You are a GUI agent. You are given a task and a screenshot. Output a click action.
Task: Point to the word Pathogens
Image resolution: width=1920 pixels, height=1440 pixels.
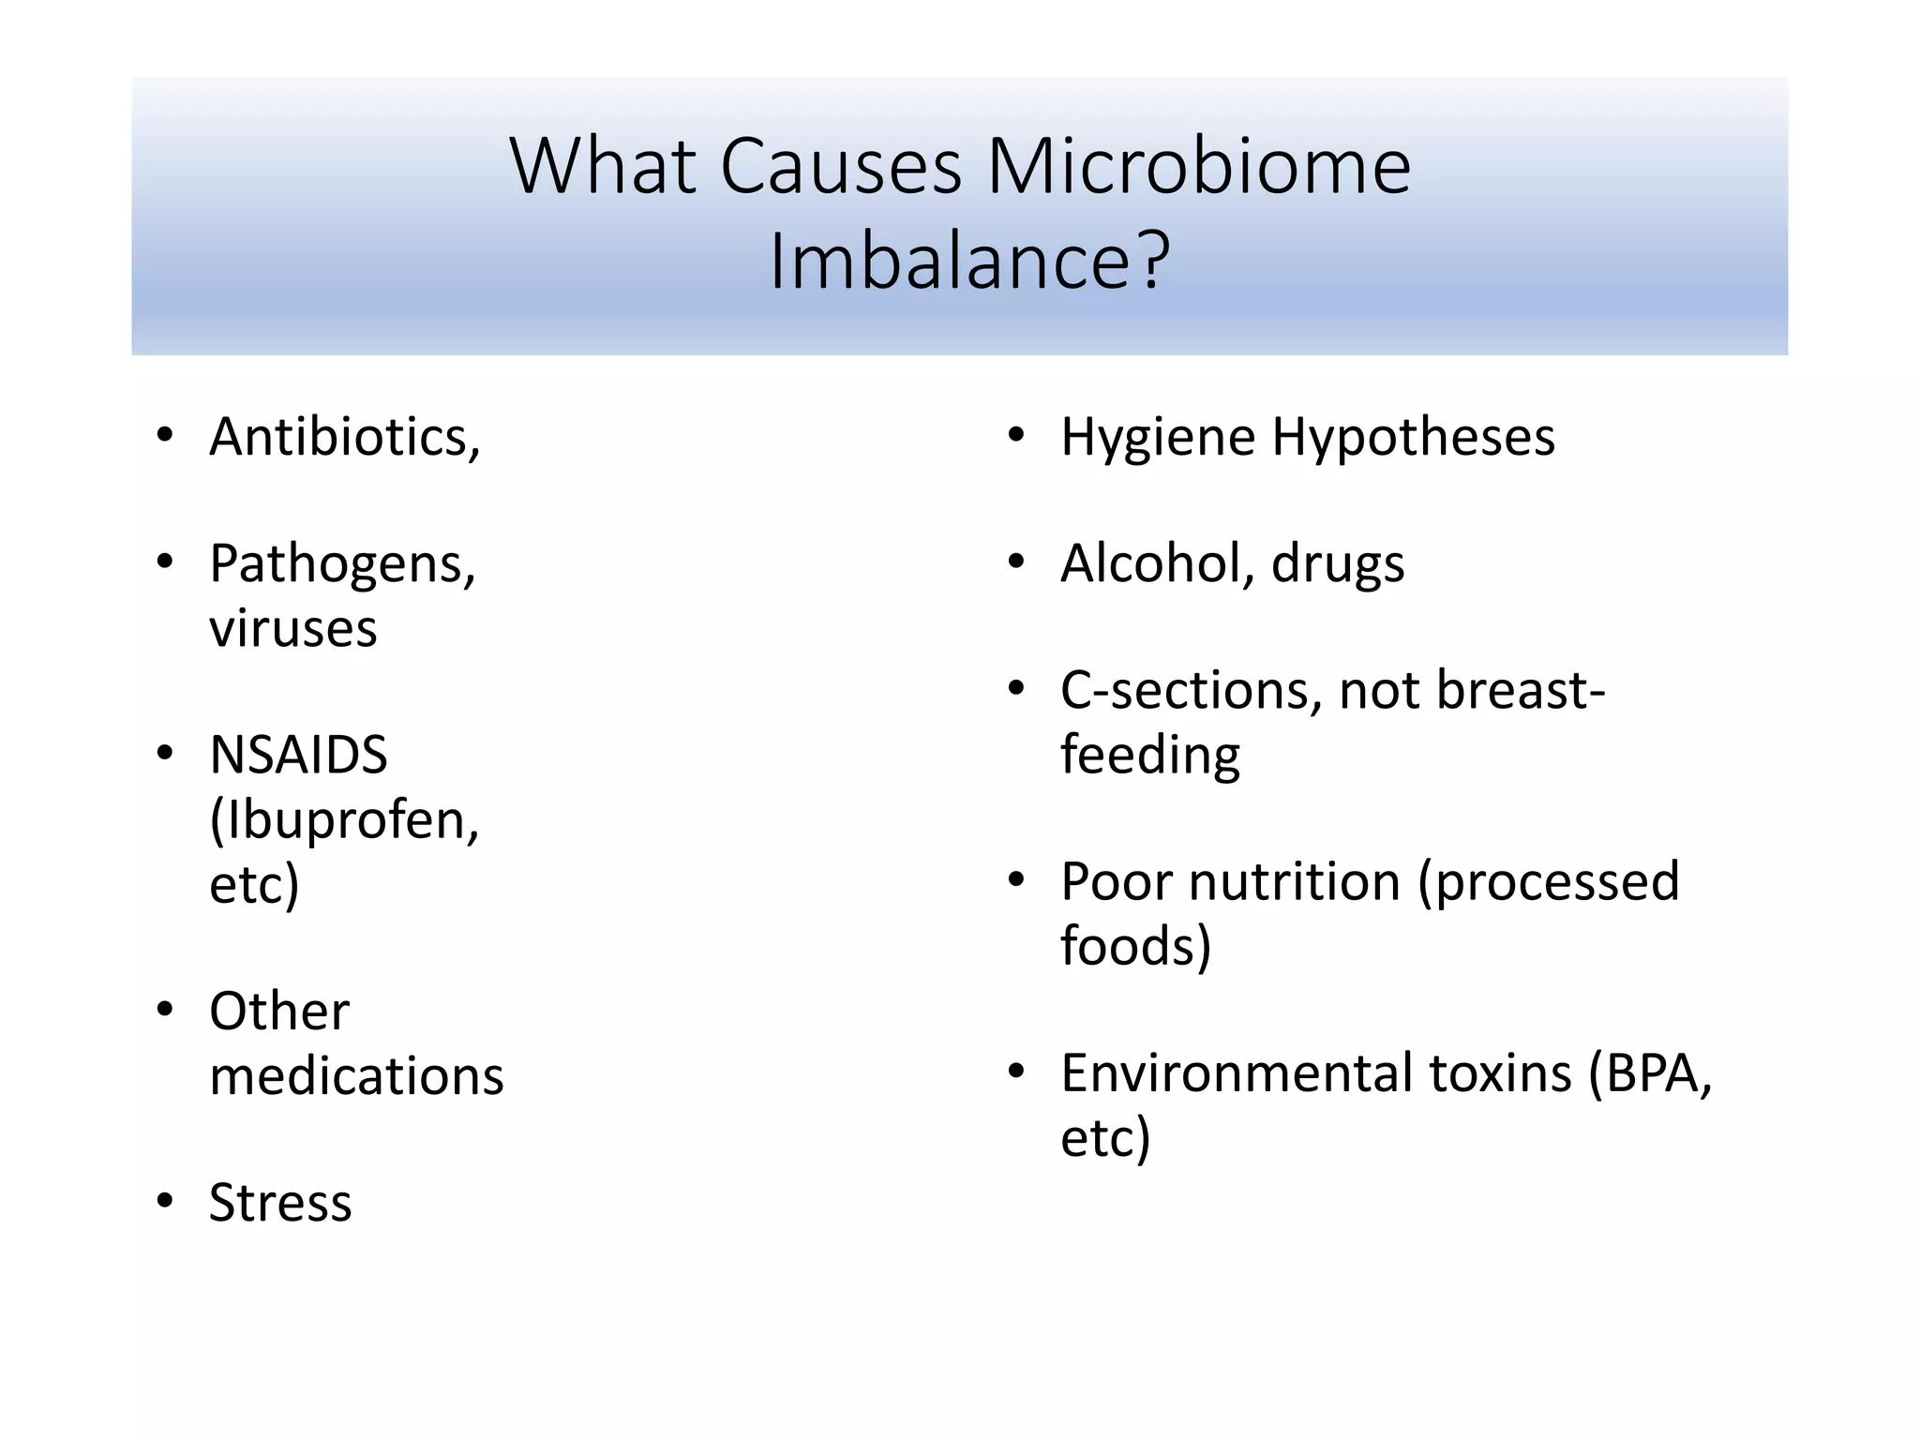click(x=339, y=565)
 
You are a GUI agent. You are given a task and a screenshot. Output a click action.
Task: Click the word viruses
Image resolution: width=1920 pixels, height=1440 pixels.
click(x=292, y=628)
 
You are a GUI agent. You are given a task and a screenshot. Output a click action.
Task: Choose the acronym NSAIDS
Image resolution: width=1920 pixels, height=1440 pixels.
click(x=298, y=755)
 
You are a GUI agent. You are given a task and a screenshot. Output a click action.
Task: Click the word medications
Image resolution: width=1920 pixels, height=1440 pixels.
click(x=356, y=1075)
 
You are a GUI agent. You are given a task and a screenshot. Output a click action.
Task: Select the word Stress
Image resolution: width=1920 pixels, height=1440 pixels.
click(x=280, y=1203)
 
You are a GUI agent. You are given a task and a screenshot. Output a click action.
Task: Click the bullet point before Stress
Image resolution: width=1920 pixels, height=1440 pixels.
click(x=166, y=1202)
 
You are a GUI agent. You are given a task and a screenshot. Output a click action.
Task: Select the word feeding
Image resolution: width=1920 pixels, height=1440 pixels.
click(x=1150, y=756)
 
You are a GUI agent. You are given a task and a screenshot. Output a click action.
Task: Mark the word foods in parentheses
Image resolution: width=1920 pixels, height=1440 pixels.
click(x=1129, y=945)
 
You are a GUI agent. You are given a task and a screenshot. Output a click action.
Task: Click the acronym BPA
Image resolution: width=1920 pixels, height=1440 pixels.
click(x=1653, y=1072)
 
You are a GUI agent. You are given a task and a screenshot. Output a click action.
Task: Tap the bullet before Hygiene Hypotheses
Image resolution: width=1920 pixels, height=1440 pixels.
click(x=1016, y=436)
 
